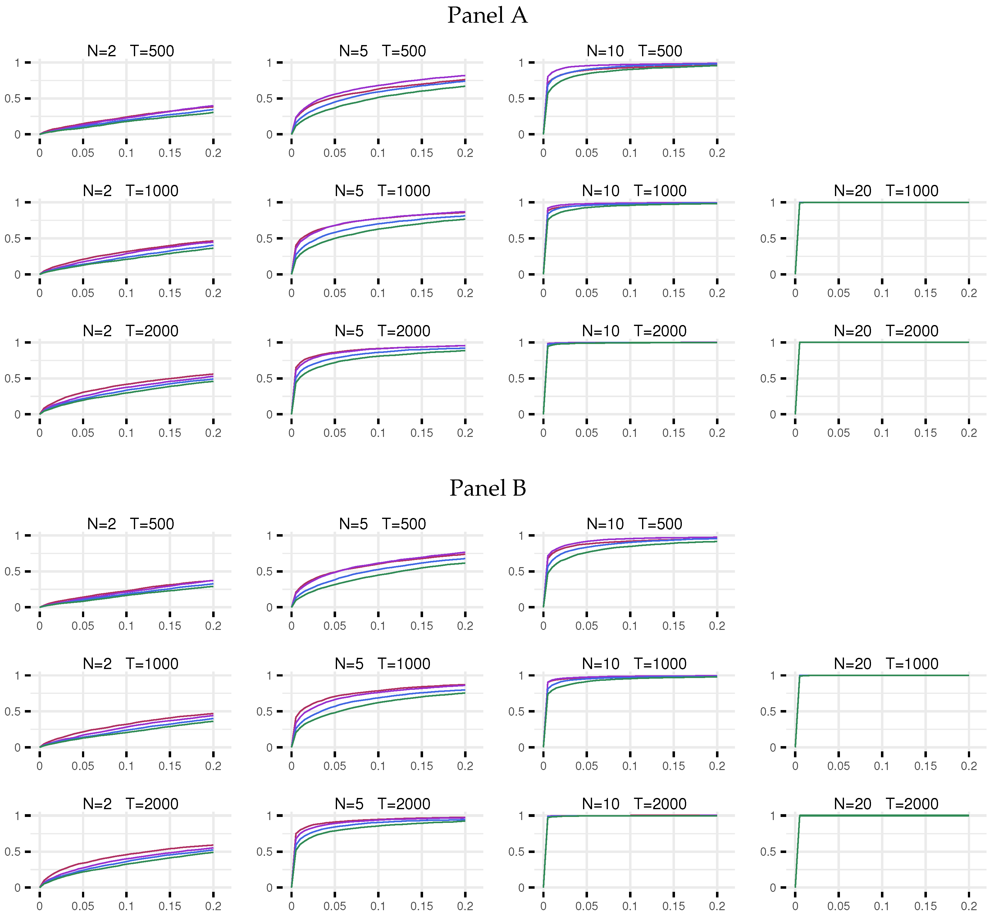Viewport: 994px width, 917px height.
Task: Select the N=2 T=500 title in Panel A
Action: pos(130,51)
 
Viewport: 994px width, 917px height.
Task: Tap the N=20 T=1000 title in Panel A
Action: pos(886,191)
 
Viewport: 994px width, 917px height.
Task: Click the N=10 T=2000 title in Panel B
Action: pos(634,804)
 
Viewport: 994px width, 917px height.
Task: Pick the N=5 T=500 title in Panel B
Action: pos(382,524)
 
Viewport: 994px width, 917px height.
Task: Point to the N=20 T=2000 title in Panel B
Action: pos(886,804)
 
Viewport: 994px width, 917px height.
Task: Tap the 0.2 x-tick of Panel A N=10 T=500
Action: pos(717,153)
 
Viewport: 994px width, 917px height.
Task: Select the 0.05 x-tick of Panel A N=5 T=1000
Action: pos(335,293)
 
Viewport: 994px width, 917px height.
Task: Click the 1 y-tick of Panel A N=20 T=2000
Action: pos(773,343)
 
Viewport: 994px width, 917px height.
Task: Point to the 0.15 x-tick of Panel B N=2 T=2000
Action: pos(170,906)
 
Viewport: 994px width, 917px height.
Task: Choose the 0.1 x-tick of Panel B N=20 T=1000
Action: pos(882,766)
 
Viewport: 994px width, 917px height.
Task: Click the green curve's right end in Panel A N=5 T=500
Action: pos(465,86)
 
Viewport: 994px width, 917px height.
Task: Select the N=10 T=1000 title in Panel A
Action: pos(634,191)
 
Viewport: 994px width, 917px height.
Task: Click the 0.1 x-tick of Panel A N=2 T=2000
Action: pos(126,433)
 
